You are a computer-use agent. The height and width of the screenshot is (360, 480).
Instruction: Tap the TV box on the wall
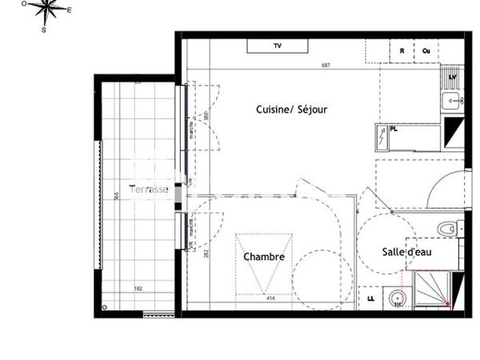tap(278, 46)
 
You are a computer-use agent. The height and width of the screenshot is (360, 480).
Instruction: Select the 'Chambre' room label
tap(264, 257)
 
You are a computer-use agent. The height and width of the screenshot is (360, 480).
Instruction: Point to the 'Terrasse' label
tap(150, 190)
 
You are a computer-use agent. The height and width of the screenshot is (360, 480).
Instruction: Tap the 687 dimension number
tap(326, 65)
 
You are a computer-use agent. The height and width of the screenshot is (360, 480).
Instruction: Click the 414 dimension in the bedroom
tap(259, 298)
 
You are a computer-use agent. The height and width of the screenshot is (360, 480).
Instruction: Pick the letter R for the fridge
tap(402, 50)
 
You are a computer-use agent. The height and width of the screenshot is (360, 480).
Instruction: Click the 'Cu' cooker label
tap(426, 50)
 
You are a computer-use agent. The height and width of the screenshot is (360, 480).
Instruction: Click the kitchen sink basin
tap(451, 101)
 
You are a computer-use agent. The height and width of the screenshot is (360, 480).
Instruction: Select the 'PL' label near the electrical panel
tap(393, 128)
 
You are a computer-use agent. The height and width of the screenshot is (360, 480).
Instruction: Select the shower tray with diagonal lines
tap(433, 289)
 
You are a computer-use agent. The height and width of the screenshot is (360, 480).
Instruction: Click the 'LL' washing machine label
tap(370, 298)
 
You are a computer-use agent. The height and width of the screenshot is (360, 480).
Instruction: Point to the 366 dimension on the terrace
tap(117, 197)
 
